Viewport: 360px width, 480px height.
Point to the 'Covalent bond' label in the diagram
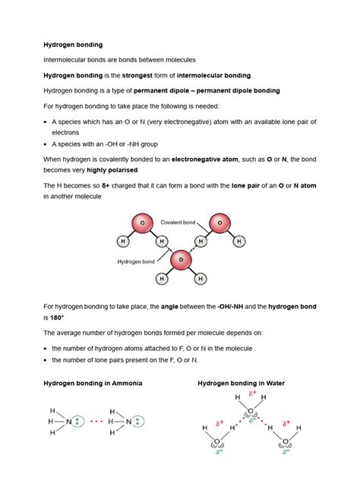[x=179, y=223]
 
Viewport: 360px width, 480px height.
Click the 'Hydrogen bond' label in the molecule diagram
[x=135, y=261]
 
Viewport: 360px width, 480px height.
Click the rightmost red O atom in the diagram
[x=219, y=225]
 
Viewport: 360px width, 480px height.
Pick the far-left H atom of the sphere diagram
[x=122, y=242]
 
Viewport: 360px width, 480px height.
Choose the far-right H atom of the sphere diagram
[x=240, y=242]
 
